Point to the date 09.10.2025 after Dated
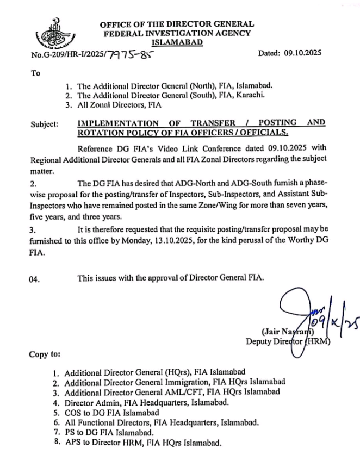click(303, 53)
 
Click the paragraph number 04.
click(35, 278)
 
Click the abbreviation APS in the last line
click(73, 444)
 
